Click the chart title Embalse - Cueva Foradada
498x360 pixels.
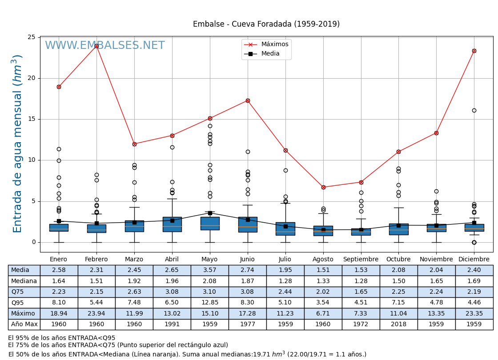click(266, 24)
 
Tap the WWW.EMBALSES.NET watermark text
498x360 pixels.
click(104, 46)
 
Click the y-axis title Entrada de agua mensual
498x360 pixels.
click(17, 144)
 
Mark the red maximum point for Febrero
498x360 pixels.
click(96, 46)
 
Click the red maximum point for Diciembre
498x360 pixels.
click(474, 51)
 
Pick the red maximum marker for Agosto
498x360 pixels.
click(323, 187)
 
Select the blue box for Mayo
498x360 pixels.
click(210, 223)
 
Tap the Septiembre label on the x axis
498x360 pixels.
click(361, 259)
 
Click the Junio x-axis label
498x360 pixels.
click(248, 259)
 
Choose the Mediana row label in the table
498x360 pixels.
click(24, 281)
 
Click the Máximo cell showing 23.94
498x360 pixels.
click(96, 313)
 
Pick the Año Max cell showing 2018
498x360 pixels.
click(398, 324)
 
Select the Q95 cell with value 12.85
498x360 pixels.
click(210, 303)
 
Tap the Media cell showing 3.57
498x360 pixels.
click(210, 270)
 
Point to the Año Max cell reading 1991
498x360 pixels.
click(172, 324)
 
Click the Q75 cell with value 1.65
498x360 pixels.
click(361, 292)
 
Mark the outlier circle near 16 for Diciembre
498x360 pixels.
click(474, 110)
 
